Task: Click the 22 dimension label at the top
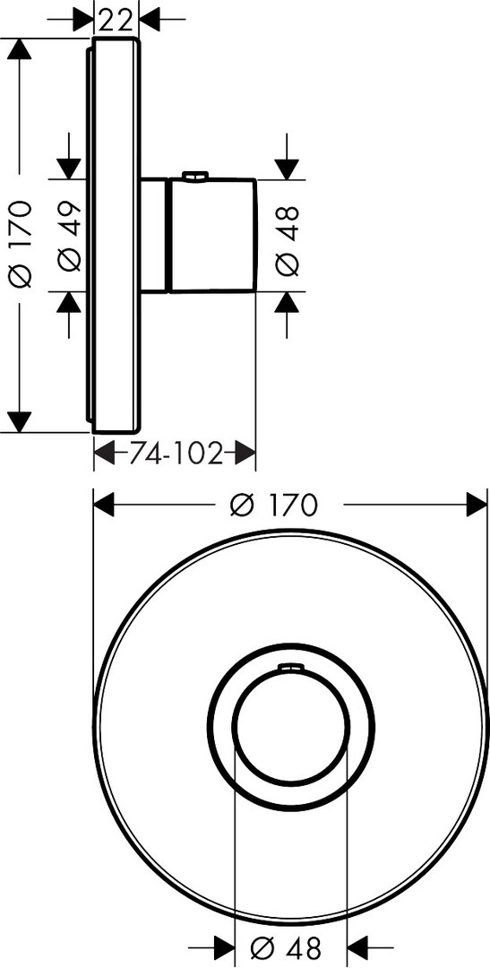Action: click(116, 21)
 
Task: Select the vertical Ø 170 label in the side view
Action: click(21, 245)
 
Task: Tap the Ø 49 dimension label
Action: click(71, 236)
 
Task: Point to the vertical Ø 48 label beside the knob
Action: click(288, 240)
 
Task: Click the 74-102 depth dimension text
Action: click(176, 455)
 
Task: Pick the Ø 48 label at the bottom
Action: click(287, 946)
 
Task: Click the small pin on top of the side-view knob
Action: click(194, 177)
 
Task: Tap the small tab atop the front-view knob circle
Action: click(290, 666)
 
